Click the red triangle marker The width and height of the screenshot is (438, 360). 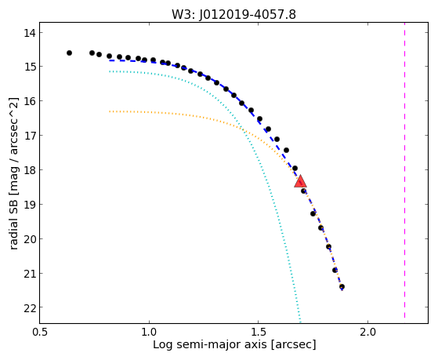click(x=300, y=181)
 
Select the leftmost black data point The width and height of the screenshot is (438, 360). click(x=69, y=53)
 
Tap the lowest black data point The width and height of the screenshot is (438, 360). click(x=342, y=287)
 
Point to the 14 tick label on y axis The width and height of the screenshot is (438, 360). click(x=30, y=33)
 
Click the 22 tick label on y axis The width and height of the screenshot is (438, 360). click(x=30, y=307)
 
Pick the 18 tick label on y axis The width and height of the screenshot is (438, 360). click(x=30, y=170)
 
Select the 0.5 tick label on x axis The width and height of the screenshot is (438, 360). click(x=40, y=332)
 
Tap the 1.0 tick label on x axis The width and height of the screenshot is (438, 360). click(x=149, y=332)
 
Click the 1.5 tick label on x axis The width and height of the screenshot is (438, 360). click(x=259, y=332)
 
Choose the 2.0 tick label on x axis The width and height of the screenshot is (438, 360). click(x=368, y=332)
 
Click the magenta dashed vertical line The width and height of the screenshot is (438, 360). click(x=404, y=170)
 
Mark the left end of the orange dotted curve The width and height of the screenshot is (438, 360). click(x=110, y=111)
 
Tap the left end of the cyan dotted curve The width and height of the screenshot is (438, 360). click(x=110, y=71)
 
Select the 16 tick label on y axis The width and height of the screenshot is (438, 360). click(x=30, y=101)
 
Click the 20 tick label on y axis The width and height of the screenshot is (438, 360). click(x=30, y=239)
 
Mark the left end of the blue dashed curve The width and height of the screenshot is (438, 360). click(x=110, y=60)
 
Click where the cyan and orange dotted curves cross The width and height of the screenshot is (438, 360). click(x=242, y=129)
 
